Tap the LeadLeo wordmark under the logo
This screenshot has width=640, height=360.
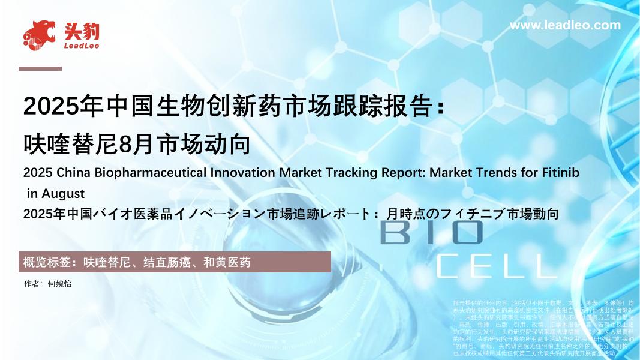click(81, 46)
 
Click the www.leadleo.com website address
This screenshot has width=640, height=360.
click(564, 25)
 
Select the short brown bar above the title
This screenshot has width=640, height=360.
click(40, 68)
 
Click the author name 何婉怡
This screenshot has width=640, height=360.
click(59, 284)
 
